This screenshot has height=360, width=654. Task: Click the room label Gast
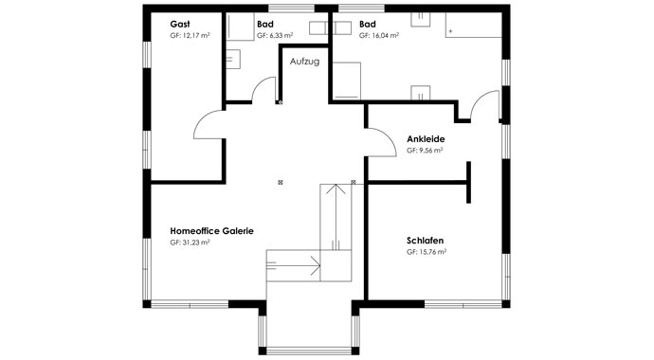coord(179,24)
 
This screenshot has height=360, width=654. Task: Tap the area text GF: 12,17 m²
coord(191,35)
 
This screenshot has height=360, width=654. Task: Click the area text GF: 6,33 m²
coord(275,35)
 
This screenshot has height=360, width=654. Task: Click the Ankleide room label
coord(426,138)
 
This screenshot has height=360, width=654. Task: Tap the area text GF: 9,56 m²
coord(426,150)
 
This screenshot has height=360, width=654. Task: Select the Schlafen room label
coord(427,242)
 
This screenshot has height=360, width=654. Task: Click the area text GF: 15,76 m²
coord(427,253)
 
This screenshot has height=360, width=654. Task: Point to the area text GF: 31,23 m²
coord(190,243)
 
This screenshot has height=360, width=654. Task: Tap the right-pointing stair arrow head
coord(319,267)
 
